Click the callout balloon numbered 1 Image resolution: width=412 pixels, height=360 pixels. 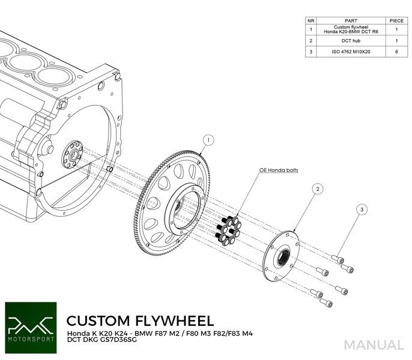(x=208, y=141)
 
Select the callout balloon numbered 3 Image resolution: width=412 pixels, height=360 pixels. (x=362, y=209)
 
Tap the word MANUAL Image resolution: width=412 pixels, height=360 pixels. (x=374, y=345)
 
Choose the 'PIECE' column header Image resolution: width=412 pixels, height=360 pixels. (x=396, y=20)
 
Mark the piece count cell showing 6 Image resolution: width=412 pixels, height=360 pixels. (x=396, y=52)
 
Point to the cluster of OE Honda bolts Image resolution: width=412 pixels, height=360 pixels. (x=228, y=231)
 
